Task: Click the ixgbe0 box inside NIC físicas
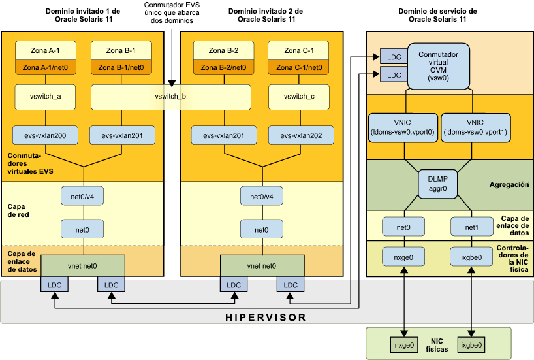coord(471,344)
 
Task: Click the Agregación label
coord(509,185)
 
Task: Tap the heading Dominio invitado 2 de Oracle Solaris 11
coord(262,15)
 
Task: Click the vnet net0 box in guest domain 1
coord(83,266)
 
